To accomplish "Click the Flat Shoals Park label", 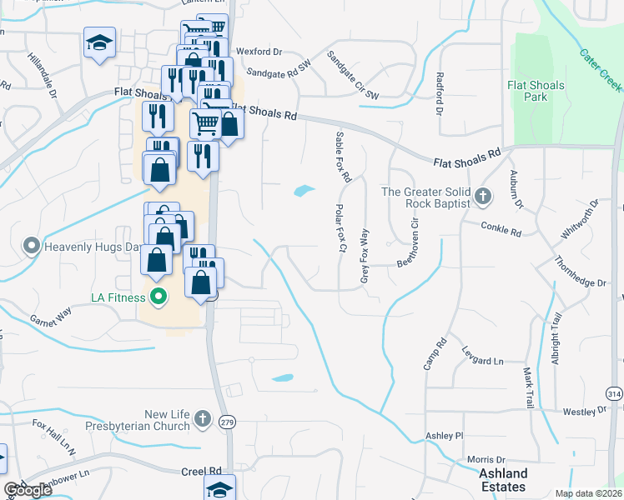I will (536, 91).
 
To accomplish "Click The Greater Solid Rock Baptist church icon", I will (481, 197).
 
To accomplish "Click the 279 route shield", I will (226, 422).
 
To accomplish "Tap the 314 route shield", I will (614, 393).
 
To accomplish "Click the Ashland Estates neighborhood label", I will (503, 480).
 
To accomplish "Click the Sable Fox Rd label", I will (343, 157).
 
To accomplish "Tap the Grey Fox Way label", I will (365, 257).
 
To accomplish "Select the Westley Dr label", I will (582, 412).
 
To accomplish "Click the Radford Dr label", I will (439, 92).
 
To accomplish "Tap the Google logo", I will (28, 490).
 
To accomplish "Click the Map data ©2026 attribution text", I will (588, 493).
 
